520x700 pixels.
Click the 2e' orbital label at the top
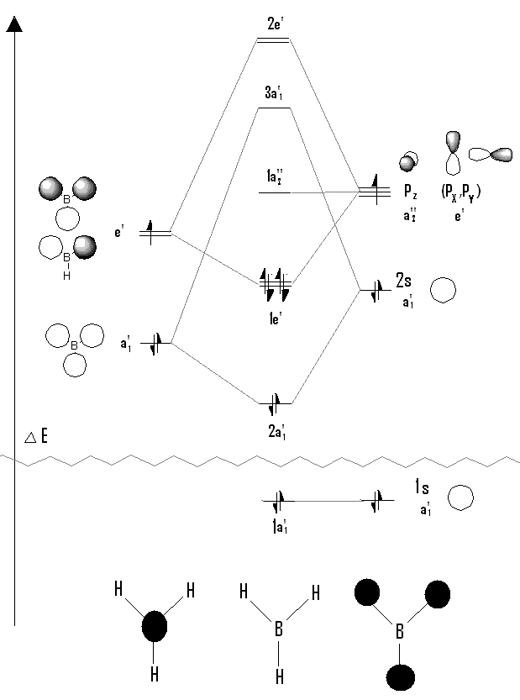tap(274, 24)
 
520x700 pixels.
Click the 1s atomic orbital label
tap(423, 487)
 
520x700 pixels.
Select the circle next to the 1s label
tap(459, 497)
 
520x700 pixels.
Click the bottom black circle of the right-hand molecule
tap(400, 677)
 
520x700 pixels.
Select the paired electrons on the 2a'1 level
tap(274, 403)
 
